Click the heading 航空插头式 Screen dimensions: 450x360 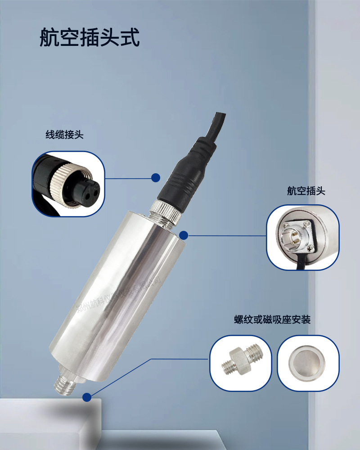coord(90,38)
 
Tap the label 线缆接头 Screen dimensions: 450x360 coord(64,135)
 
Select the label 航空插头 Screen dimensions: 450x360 coord(306,191)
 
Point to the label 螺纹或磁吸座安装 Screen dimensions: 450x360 coord(272,320)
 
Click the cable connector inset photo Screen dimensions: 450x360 coord(68,184)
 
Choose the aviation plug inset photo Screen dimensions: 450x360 coord(302,237)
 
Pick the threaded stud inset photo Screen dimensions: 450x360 coord(241,363)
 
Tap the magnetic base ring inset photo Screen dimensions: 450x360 coord(307,363)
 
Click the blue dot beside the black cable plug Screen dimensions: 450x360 coord(156,178)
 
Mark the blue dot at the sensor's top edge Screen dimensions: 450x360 coord(183,234)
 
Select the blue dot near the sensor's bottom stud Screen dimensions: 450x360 coord(87,397)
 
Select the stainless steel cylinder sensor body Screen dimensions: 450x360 coord(121,292)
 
